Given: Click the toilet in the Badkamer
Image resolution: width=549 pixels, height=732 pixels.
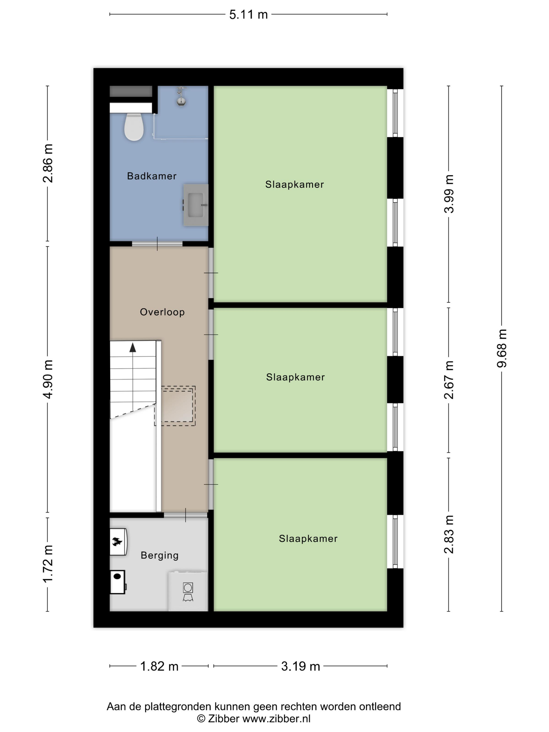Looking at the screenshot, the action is click(134, 127).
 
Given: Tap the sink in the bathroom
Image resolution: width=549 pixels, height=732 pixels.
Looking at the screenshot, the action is click(196, 205).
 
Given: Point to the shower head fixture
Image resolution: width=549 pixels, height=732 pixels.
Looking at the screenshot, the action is click(181, 97).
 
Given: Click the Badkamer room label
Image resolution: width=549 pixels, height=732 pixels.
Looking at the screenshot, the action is click(152, 176).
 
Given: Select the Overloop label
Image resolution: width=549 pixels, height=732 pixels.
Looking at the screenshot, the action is click(162, 312).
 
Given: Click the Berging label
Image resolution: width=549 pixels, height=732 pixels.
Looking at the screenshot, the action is click(159, 555).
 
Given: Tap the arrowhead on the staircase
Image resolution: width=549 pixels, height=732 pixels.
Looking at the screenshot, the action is click(133, 347).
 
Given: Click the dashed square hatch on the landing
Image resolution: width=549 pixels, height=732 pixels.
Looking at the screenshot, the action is click(175, 406).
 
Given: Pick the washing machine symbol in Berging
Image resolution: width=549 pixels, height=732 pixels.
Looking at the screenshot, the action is click(188, 591).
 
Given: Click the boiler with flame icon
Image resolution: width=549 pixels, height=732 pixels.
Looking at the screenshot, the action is click(118, 542).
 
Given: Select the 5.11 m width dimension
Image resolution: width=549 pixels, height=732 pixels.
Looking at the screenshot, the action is click(249, 15).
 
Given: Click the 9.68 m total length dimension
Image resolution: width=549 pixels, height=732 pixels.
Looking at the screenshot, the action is click(502, 348).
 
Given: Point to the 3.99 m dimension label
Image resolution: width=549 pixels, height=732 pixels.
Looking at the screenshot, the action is click(449, 194).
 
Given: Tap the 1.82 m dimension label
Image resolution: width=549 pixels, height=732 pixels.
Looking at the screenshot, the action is click(159, 666).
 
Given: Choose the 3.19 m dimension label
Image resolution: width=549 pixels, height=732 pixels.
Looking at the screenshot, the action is click(300, 666).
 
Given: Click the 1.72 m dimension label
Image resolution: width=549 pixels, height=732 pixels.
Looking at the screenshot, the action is click(48, 564).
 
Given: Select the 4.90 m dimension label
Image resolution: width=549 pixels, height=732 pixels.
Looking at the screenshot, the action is click(48, 379).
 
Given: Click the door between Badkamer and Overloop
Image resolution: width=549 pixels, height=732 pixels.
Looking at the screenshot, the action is click(157, 244).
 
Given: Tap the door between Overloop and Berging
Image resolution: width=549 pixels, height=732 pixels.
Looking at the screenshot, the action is click(186, 515).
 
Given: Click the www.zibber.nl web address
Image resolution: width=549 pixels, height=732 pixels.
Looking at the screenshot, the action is click(277, 718).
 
